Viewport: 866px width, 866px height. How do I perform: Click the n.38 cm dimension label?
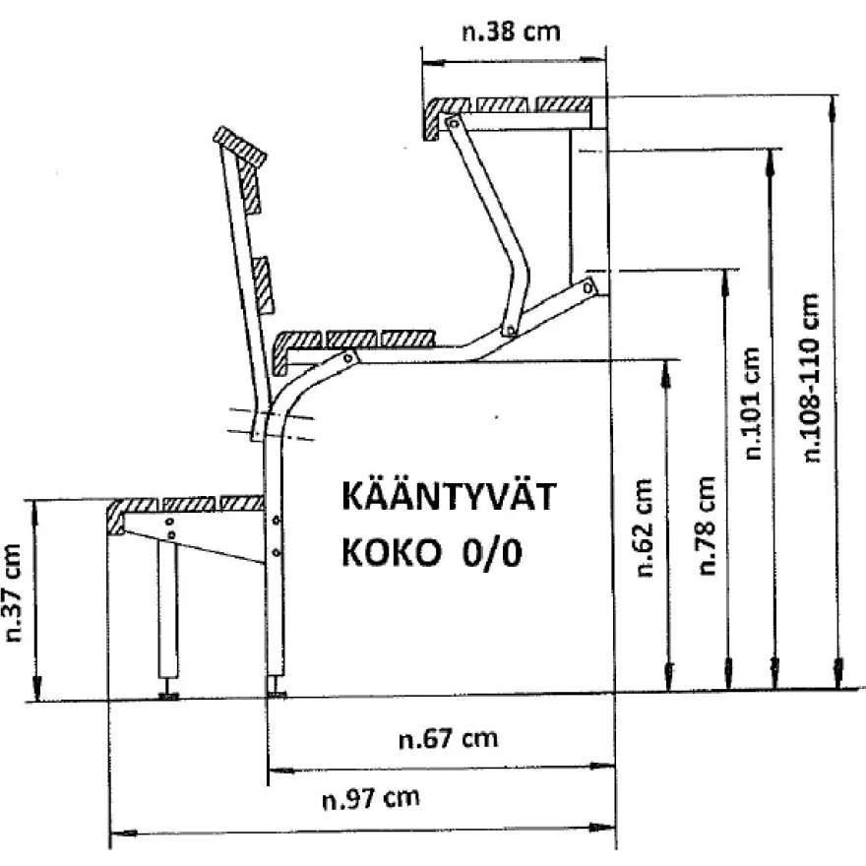pos(511,32)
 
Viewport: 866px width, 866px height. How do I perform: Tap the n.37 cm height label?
pos(13,592)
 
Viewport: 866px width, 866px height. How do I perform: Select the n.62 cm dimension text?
pos(644,527)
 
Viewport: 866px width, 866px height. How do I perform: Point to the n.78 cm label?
pos(707,526)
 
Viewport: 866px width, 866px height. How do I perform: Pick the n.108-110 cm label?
pos(810,377)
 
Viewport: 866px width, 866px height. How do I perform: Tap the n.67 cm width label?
pos(448,738)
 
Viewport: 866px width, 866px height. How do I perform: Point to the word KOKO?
pos(392,552)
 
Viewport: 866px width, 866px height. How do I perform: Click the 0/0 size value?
pos(492,552)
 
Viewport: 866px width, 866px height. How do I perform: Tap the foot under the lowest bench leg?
pos(168,696)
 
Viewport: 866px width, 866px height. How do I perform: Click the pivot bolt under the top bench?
pos(454,123)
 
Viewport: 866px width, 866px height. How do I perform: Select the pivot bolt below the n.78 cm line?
pos(588,287)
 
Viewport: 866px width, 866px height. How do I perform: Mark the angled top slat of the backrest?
pos(240,147)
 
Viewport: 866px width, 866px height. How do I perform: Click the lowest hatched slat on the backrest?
pos(263,285)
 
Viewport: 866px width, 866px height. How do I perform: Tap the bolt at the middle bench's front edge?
pos(348,358)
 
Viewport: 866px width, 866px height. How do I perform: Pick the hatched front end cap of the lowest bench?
pos(117,517)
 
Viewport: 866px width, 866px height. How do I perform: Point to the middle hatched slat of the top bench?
pos(503,105)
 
